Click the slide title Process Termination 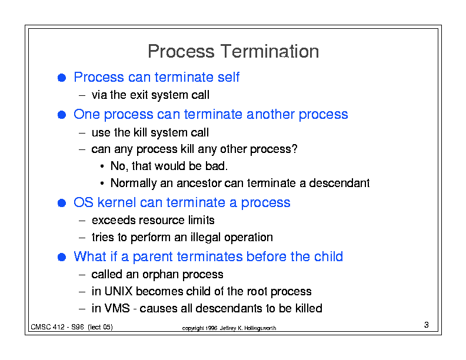point(234,51)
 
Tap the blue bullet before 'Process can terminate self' point(62,78)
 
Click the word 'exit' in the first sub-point point(139,95)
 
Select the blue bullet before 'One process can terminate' point(62,115)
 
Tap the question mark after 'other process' point(294,148)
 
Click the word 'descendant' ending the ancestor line point(339,183)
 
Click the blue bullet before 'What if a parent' point(62,257)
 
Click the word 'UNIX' point(119,291)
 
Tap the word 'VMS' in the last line point(117,308)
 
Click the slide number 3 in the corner point(426,325)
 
